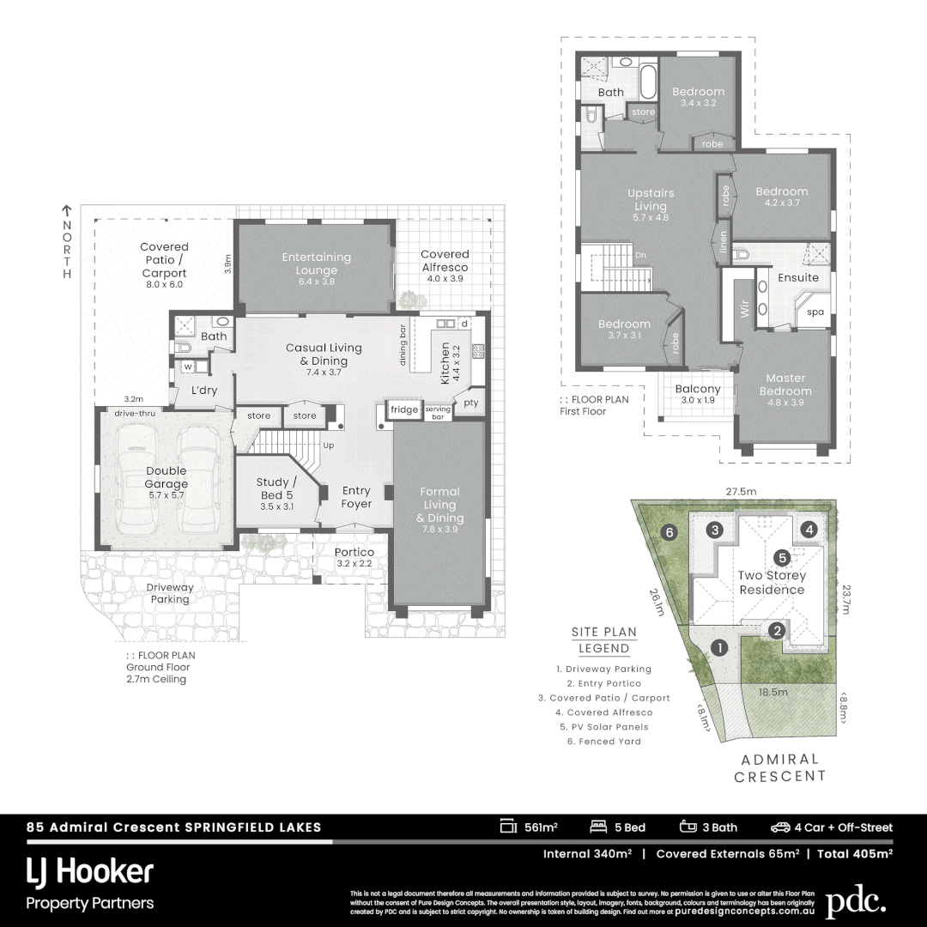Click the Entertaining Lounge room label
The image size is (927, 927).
(x=318, y=263)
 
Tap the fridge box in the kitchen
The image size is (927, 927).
(x=404, y=410)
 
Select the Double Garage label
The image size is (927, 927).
(x=166, y=477)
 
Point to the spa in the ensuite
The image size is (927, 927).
(x=815, y=312)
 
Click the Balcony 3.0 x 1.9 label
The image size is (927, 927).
(x=698, y=394)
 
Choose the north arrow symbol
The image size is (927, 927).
(x=66, y=209)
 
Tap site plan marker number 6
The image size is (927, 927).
(x=670, y=532)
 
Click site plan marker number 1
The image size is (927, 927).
(x=719, y=648)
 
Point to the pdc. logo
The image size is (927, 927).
(x=855, y=901)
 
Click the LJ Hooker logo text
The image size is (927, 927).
(x=90, y=873)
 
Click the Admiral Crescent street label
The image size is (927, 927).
(x=781, y=767)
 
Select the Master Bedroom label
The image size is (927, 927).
(x=788, y=384)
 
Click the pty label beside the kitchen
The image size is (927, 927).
(x=470, y=403)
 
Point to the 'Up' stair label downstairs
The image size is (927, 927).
(x=329, y=445)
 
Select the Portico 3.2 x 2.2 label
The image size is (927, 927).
(x=354, y=558)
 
